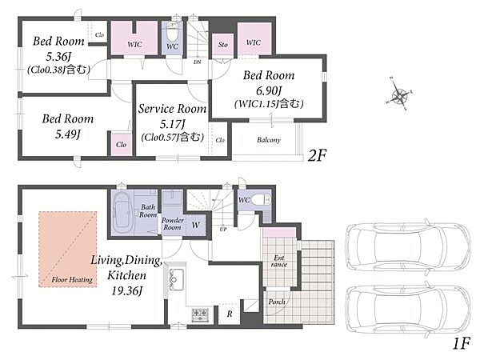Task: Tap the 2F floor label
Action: pyautogui.click(x=318, y=155)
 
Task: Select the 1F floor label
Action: pyautogui.click(x=462, y=344)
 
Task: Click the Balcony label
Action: pyautogui.click(x=269, y=140)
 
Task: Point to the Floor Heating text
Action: pyautogui.click(x=72, y=279)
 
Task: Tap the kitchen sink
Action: pyautogui.click(x=176, y=279)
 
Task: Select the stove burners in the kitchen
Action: pyautogui.click(x=200, y=315)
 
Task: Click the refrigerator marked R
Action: pyautogui.click(x=230, y=314)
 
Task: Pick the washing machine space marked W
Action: pyautogui.click(x=196, y=225)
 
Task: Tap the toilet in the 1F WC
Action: pyautogui.click(x=261, y=200)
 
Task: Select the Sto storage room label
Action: pyautogui.click(x=223, y=45)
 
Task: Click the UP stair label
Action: pyautogui.click(x=223, y=229)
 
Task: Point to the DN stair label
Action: pyautogui.click(x=197, y=62)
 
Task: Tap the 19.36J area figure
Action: pyautogui.click(x=127, y=290)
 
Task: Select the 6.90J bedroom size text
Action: pyautogui.click(x=269, y=90)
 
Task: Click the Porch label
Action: pyautogui.click(x=277, y=302)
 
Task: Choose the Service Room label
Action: pyautogui.click(x=172, y=109)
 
